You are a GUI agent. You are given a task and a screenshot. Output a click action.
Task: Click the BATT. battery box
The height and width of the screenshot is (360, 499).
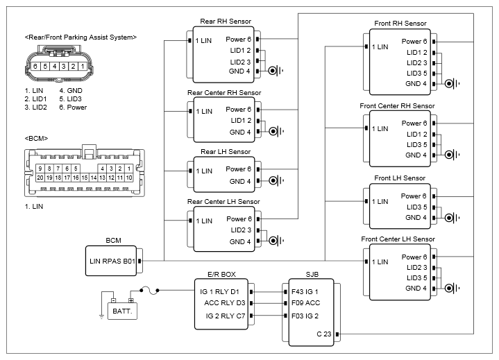coord(122,311)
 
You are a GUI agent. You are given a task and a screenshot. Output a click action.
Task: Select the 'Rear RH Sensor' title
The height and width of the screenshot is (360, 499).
coord(226,22)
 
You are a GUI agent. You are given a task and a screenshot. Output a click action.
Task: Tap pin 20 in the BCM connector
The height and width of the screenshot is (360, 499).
coord(40,178)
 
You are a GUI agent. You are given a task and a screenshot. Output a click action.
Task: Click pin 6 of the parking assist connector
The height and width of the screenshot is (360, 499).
coord(35,66)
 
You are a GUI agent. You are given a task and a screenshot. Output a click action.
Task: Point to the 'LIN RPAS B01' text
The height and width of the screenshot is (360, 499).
coord(112,261)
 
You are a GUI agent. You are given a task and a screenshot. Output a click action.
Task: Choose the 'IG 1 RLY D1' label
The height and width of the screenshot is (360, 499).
coord(219,291)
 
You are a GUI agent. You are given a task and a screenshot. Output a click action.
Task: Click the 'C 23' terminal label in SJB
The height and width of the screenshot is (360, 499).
coord(324,334)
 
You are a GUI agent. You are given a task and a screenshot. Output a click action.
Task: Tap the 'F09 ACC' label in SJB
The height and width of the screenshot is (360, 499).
coord(306,302)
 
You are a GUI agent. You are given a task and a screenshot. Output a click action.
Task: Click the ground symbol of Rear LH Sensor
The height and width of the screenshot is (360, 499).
coord(276,180)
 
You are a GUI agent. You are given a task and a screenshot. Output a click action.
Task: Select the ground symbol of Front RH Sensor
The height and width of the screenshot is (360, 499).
coord(453,84)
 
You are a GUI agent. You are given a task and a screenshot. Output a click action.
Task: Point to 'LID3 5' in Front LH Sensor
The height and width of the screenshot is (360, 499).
coord(417,207)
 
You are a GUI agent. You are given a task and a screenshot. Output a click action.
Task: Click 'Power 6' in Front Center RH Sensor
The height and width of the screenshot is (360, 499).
coord(414,123)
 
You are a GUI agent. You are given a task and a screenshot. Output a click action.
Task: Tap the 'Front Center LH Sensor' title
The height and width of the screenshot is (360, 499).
coord(398,239)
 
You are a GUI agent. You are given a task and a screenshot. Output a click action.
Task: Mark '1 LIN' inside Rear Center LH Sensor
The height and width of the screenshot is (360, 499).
coord(204,221)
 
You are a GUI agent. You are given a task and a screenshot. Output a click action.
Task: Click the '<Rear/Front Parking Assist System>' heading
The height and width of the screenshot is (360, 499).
coord(81,37)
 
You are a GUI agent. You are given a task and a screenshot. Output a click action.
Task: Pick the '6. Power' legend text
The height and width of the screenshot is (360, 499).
coord(73,108)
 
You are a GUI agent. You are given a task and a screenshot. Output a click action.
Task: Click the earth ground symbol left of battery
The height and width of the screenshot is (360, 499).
coord(101,316)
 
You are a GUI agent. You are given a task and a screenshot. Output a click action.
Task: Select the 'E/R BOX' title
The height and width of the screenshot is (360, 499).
coord(221,274)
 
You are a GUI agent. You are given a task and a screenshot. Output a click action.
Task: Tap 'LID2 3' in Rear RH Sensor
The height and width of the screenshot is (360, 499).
coord(240,62)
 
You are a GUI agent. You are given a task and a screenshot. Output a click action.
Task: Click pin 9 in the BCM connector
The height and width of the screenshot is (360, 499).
coord(40,169)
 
